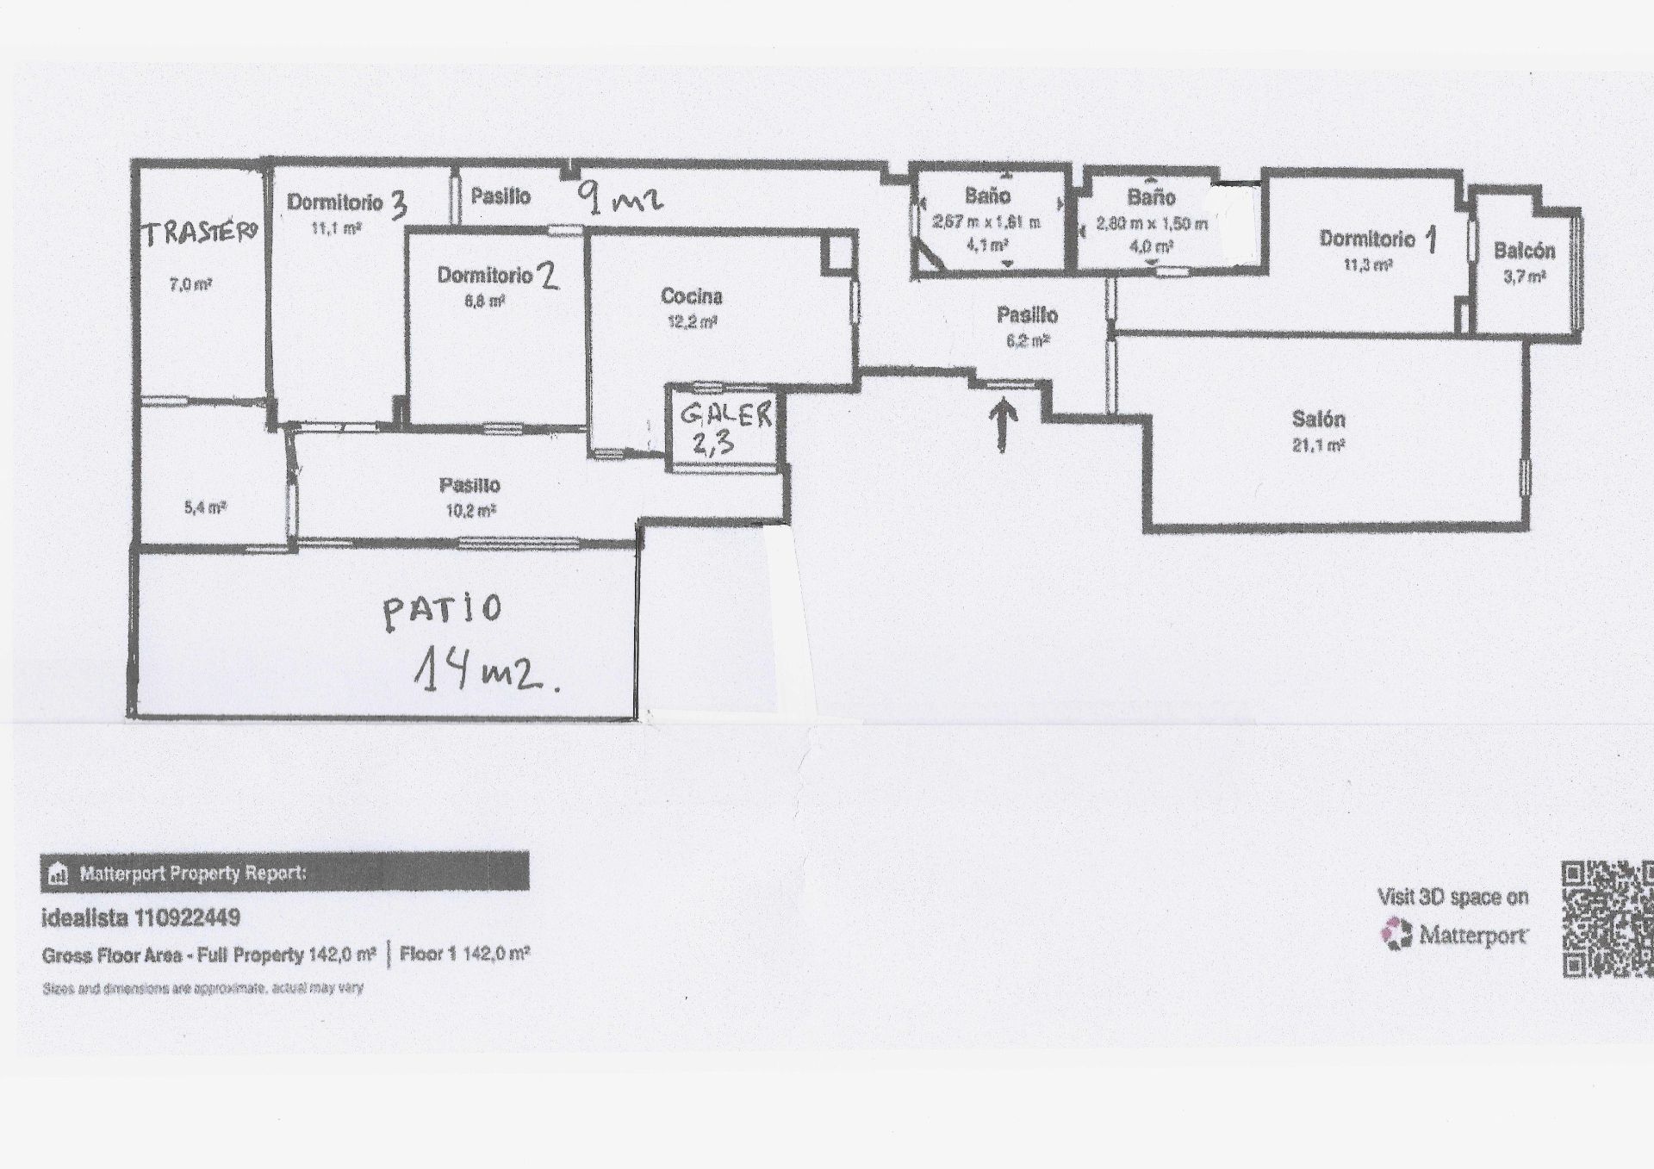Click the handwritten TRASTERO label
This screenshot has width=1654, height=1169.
[201, 233]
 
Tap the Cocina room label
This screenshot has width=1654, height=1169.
[691, 296]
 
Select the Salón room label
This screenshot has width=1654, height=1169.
[1318, 420]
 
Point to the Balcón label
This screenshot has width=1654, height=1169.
[1524, 251]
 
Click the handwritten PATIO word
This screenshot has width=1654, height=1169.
[441, 610]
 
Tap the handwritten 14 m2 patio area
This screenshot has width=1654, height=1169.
[487, 671]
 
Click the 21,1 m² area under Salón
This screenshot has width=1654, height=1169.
[1318, 445]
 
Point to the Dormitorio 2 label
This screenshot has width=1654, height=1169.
[498, 276]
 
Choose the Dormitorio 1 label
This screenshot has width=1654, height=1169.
[1378, 239]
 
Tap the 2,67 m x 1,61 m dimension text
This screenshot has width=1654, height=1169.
[986, 222]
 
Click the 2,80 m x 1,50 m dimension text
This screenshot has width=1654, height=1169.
[1151, 224]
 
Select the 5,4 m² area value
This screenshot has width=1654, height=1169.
[204, 508]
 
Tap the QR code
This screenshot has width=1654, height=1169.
[1607, 919]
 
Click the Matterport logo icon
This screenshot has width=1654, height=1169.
[1396, 935]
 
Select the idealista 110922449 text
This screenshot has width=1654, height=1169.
[140, 918]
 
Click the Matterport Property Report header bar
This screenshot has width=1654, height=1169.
[284, 873]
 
